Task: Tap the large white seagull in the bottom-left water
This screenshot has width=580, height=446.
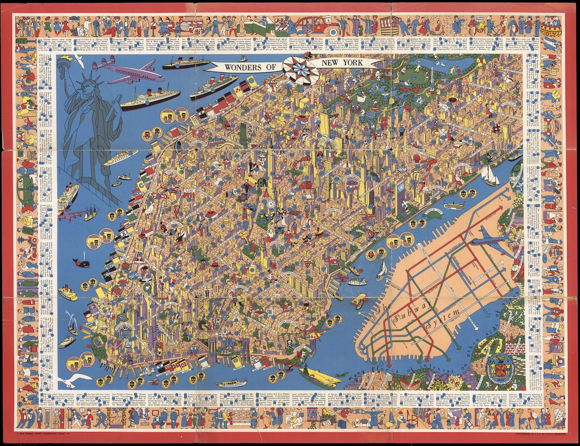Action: (x=75, y=378)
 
